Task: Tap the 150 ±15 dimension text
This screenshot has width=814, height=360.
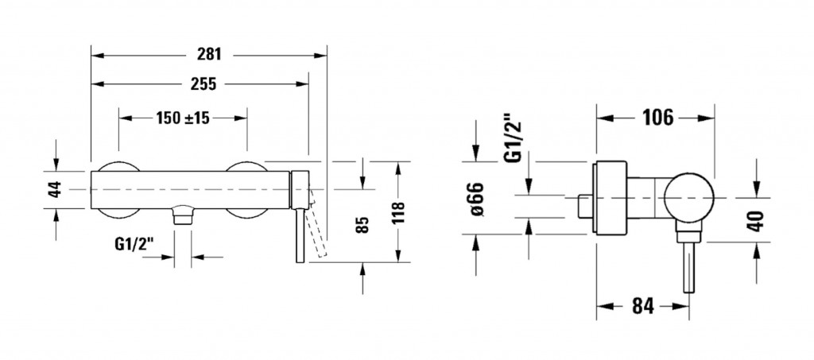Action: pos(182,118)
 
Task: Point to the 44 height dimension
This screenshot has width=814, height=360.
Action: pos(55,189)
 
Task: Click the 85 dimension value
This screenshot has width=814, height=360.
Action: pos(362,224)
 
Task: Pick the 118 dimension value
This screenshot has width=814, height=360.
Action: pos(397,213)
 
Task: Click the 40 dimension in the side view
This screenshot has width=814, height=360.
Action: pos(757,219)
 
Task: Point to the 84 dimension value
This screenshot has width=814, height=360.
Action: pos(643,305)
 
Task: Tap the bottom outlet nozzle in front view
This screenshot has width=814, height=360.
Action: pos(184,215)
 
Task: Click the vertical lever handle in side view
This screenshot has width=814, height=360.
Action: pos(685,270)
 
